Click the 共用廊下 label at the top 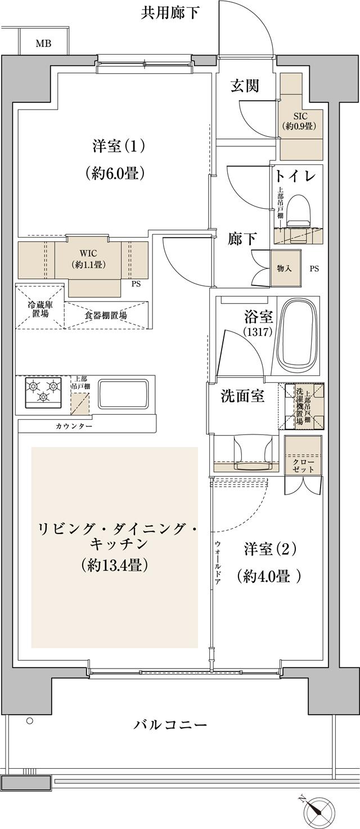click(170, 13)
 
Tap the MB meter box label click(43, 43)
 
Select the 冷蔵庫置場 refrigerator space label click(39, 310)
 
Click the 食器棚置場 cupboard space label click(106, 316)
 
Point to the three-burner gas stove click(43, 390)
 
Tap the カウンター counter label click(74, 427)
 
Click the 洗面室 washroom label click(242, 396)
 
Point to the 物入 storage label click(285, 268)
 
